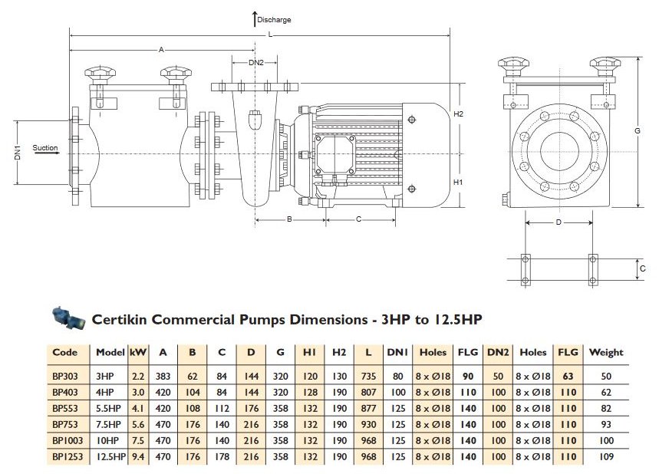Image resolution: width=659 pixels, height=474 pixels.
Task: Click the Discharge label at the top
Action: [274, 20]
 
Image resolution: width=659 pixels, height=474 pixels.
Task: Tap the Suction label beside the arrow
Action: [45, 147]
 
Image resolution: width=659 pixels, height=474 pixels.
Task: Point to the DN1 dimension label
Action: [18, 153]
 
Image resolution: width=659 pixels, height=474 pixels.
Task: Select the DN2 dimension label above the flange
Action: [256, 63]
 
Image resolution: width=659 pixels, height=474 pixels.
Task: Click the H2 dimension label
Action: [458, 114]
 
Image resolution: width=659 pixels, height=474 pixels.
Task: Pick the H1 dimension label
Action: [458, 182]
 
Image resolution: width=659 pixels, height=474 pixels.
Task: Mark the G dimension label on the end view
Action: [638, 131]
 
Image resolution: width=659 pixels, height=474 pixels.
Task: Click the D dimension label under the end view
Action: [559, 222]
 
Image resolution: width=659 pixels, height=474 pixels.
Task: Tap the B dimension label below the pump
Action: [289, 219]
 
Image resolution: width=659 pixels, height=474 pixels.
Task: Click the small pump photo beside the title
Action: [68, 318]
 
